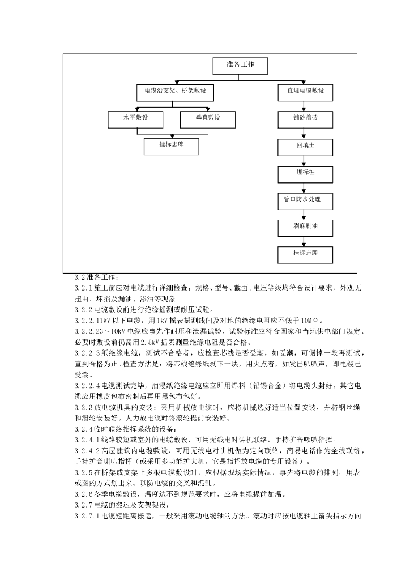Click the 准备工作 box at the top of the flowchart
(240, 66)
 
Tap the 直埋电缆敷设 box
(305, 91)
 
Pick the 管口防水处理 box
(305, 200)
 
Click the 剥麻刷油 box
(305, 227)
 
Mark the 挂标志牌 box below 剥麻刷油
(305, 254)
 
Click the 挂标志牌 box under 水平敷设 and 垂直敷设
(172, 146)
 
